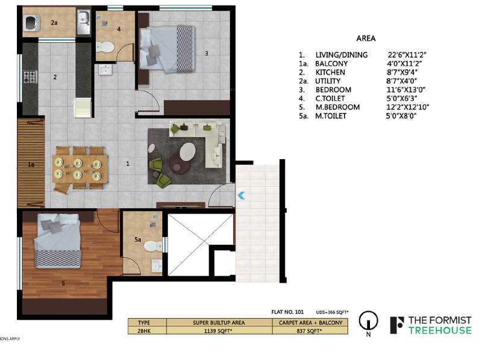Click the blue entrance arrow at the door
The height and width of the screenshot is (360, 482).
(240, 195)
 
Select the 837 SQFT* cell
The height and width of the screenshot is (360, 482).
(303, 330)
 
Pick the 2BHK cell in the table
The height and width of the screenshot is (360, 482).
(144, 330)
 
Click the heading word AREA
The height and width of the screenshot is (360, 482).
(366, 39)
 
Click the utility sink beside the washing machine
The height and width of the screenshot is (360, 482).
(83, 21)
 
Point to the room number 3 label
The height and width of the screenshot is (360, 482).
(206, 53)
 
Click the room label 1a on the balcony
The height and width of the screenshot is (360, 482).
(31, 163)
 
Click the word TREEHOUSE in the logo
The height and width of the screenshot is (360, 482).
(439, 330)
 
